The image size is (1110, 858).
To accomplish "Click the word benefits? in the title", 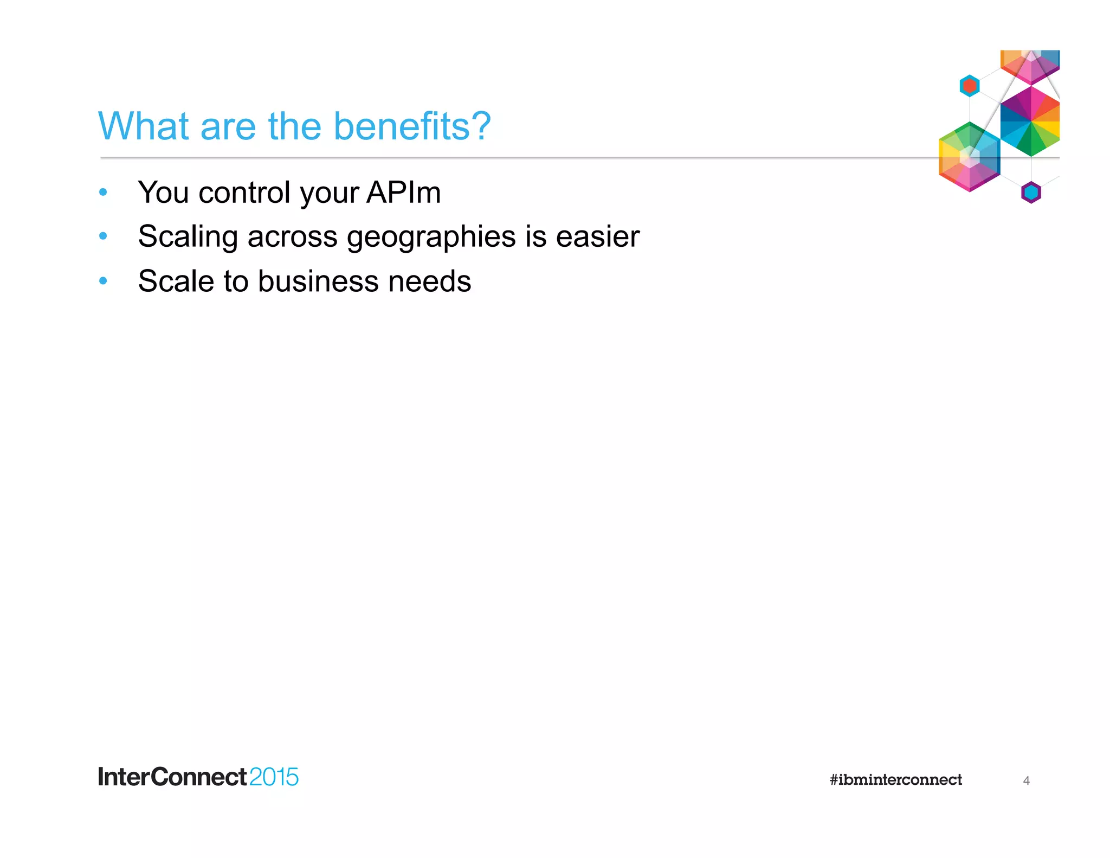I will pos(412,126).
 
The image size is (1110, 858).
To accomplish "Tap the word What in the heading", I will pos(144,126).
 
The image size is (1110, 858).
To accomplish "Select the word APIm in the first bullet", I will pos(403,193).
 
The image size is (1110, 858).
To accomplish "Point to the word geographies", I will pos(431,237).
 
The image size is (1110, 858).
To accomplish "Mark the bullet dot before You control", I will pos(103,192).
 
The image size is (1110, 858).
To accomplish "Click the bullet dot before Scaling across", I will pos(103,236).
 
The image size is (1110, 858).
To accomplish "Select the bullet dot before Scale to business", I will pos(103,280).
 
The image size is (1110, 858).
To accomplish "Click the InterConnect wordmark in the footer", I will pos(172,777).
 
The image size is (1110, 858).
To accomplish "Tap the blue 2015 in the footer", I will pos(274,777).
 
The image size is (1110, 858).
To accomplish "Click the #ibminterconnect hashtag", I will pos(895,780).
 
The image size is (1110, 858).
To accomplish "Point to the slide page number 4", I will pos(1026,780).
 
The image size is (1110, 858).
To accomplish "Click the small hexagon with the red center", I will pos(970,86).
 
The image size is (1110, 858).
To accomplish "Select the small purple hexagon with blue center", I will pos(1031,193).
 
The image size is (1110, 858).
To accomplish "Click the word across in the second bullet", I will pos(293,237).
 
